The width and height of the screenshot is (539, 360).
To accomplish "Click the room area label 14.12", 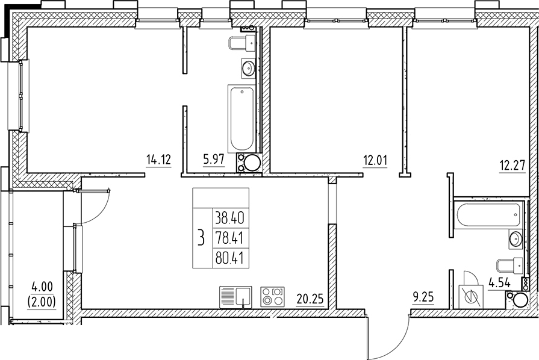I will [x=159, y=160].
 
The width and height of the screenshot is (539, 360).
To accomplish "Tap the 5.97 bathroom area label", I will [x=214, y=160].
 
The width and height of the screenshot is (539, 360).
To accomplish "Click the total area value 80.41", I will [x=228, y=258].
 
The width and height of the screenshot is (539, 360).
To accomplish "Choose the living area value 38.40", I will [x=228, y=217].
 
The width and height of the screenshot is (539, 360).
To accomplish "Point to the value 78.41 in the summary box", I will [x=228, y=237].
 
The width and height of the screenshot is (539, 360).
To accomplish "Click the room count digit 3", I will [x=201, y=238].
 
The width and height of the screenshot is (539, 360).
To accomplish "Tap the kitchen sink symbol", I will [x=236, y=297].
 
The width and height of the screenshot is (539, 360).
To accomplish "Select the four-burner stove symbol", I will [x=272, y=297].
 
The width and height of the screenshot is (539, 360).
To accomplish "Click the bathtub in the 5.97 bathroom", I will [x=241, y=119].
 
